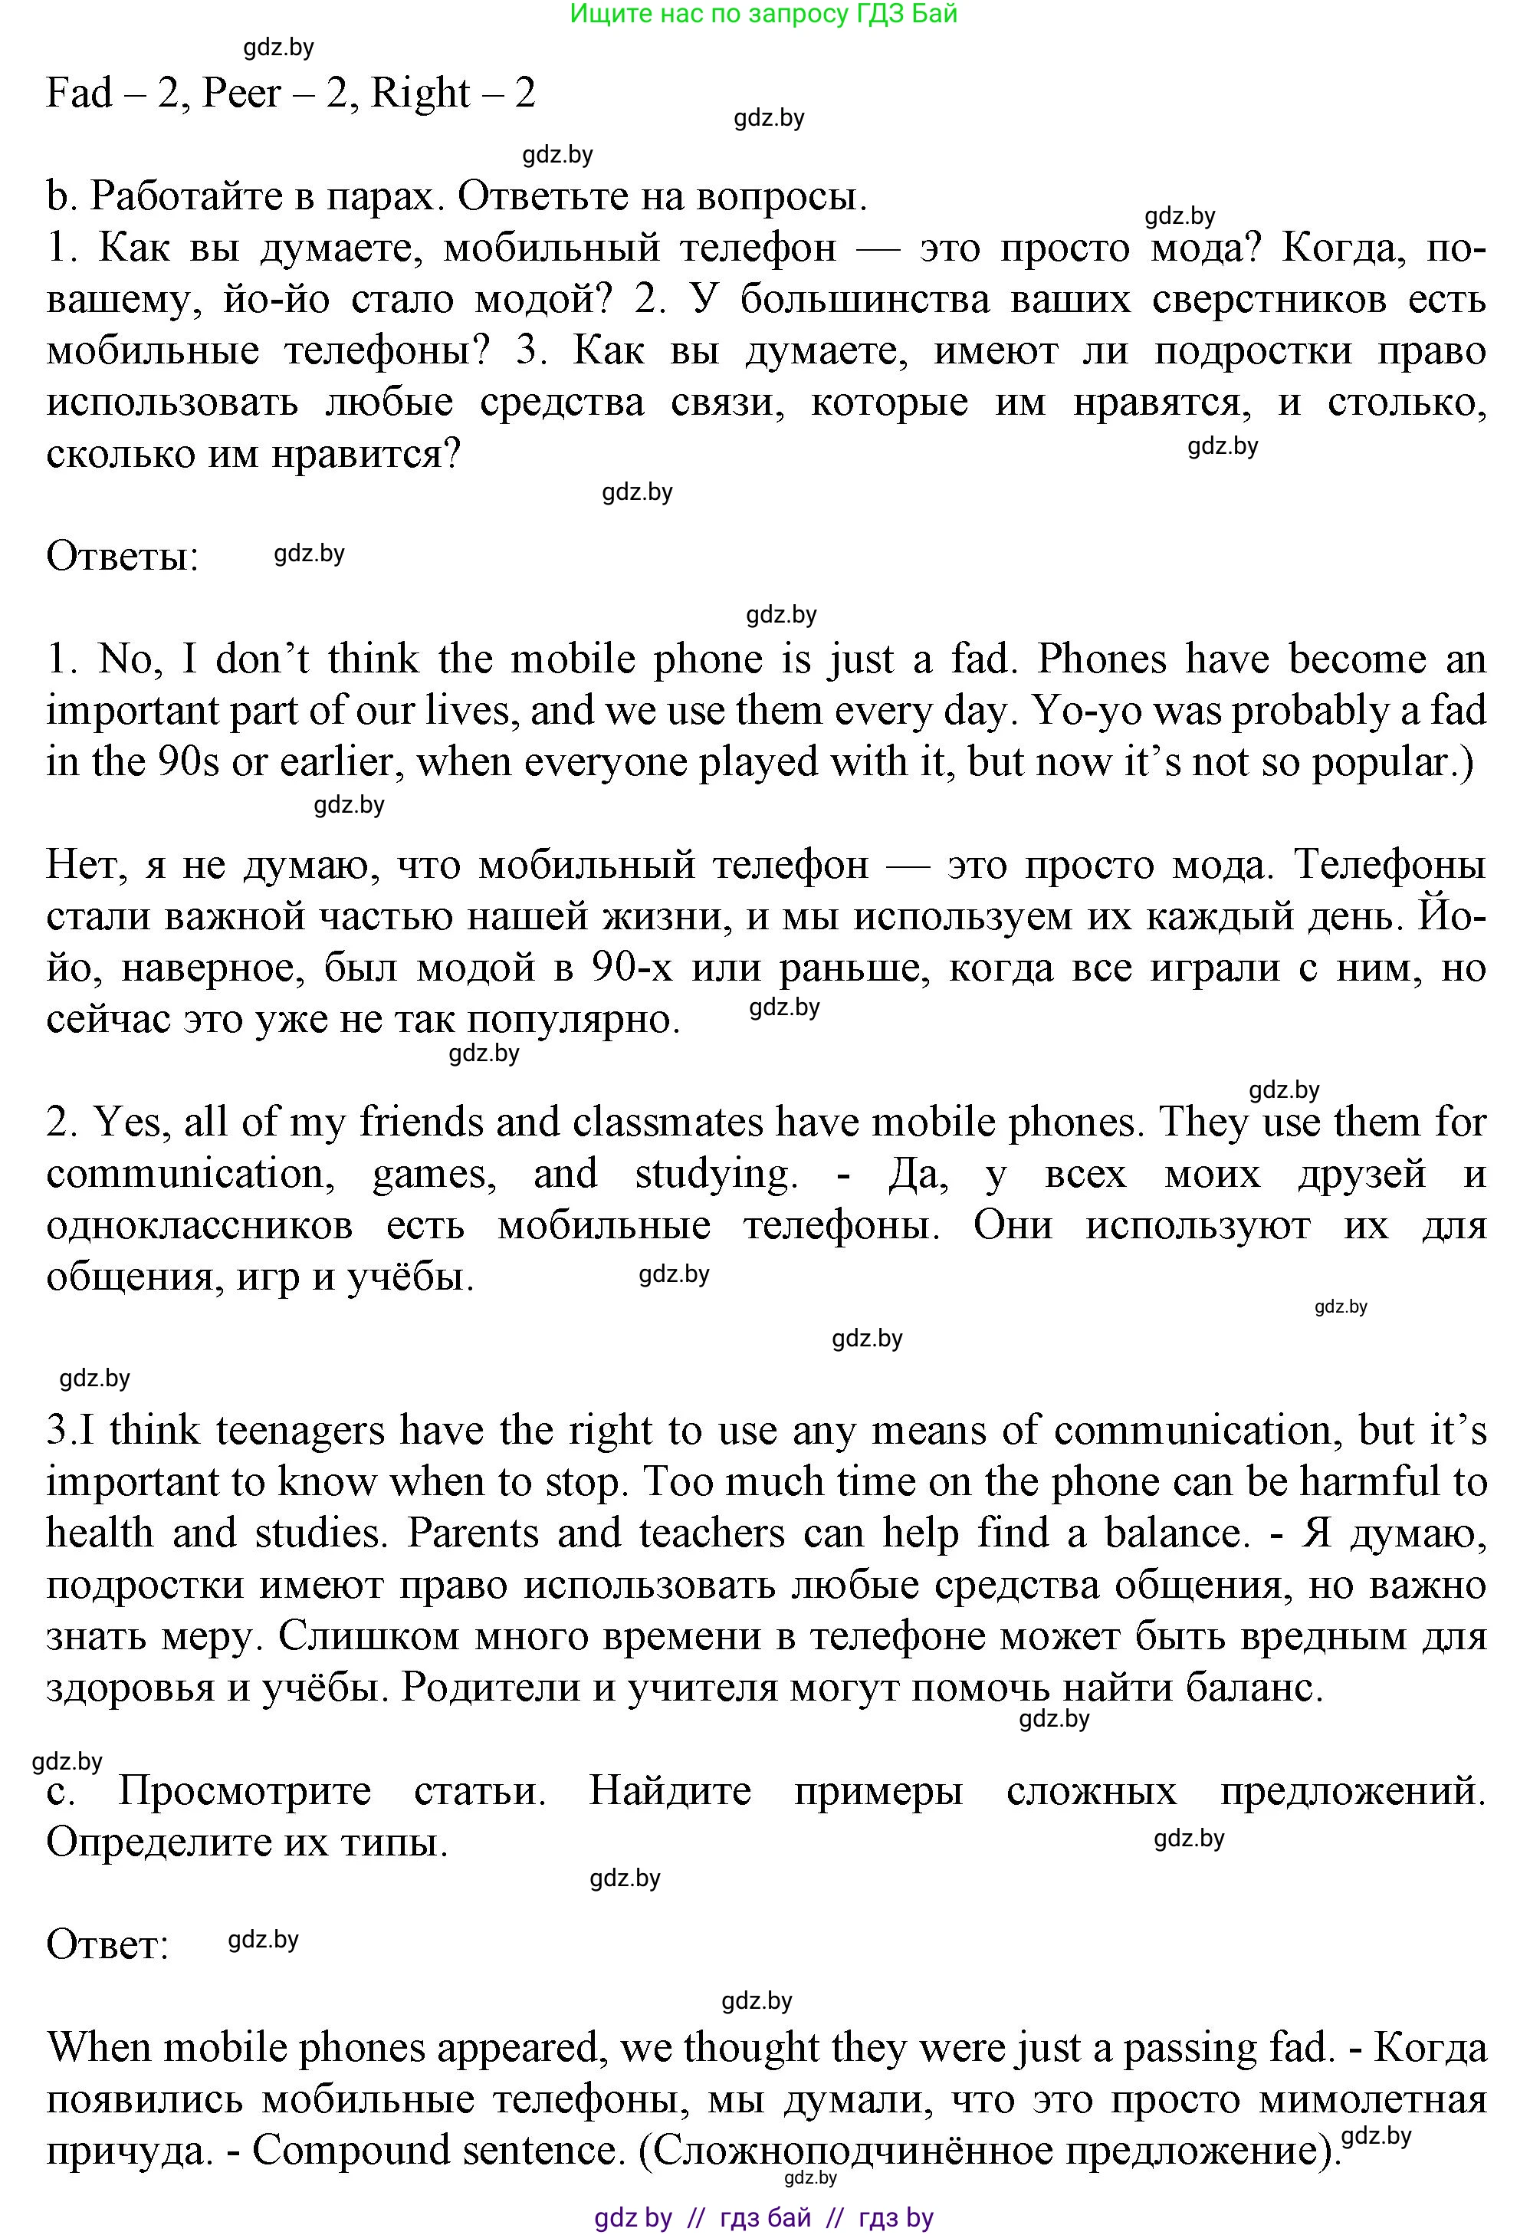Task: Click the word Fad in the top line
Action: (79, 94)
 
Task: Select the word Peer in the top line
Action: (242, 94)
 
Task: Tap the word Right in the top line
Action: (420, 94)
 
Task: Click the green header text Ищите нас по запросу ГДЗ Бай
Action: (763, 15)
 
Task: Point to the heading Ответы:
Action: (122, 557)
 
